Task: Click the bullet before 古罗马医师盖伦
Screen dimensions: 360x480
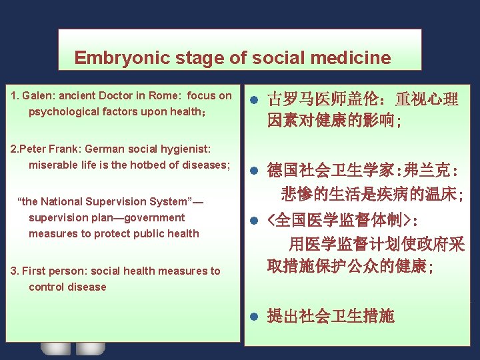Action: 253,101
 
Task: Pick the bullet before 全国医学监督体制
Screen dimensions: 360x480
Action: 253,220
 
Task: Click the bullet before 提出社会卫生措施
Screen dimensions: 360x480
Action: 253,316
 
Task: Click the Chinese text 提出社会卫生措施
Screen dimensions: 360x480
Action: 331,316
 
